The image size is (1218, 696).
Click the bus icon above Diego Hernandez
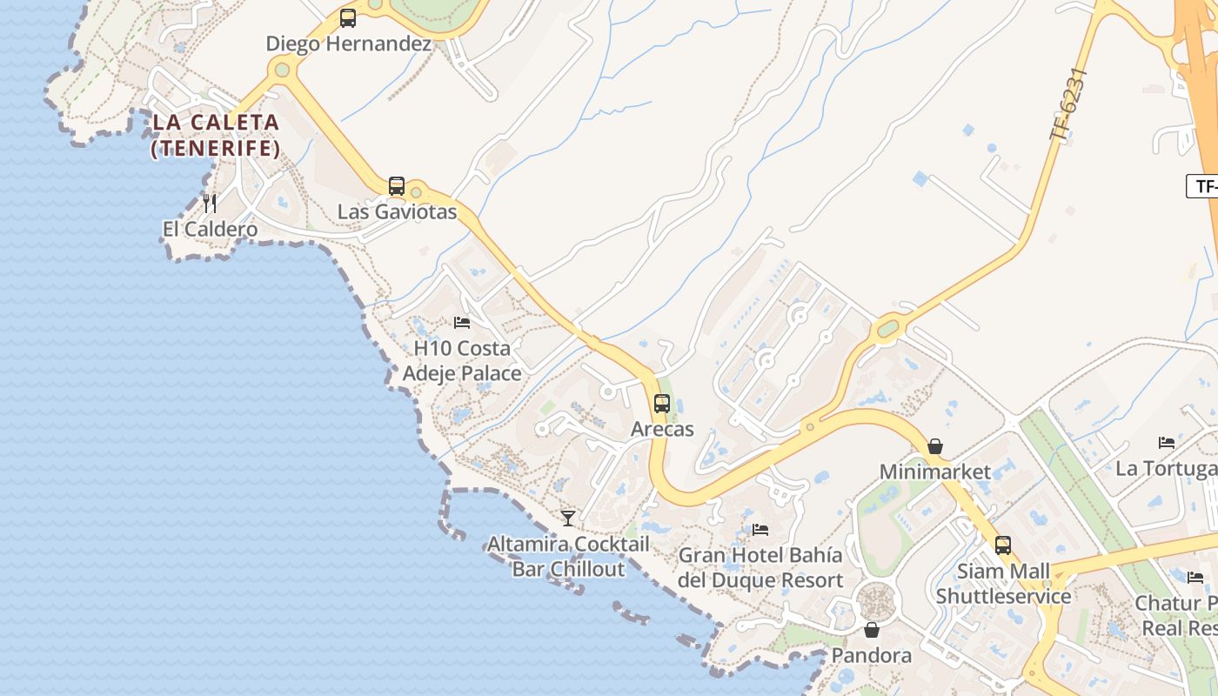[348, 18]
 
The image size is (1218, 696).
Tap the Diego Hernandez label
[349, 43]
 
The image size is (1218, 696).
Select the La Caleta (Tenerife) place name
[216, 136]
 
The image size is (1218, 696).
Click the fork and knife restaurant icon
[210, 204]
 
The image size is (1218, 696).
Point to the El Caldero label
[210, 230]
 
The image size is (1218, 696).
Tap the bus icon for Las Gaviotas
[397, 185]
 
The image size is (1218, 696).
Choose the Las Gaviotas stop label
[397, 211]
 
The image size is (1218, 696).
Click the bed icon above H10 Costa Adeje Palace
[462, 323]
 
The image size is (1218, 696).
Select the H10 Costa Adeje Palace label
[462, 361]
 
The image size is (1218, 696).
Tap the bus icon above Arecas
[662, 404]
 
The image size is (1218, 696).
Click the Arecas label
[662, 429]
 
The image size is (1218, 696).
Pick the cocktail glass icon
[568, 519]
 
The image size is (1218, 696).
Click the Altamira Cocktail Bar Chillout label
[568, 557]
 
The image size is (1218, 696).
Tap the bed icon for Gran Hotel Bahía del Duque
[760, 529]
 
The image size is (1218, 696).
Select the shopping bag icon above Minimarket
[934, 446]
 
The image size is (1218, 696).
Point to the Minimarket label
[934, 472]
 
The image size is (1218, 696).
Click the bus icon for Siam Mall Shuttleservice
[1003, 545]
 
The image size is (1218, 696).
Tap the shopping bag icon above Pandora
[871, 630]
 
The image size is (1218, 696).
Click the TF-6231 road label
[1069, 104]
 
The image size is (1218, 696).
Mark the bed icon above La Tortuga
[1167, 443]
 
